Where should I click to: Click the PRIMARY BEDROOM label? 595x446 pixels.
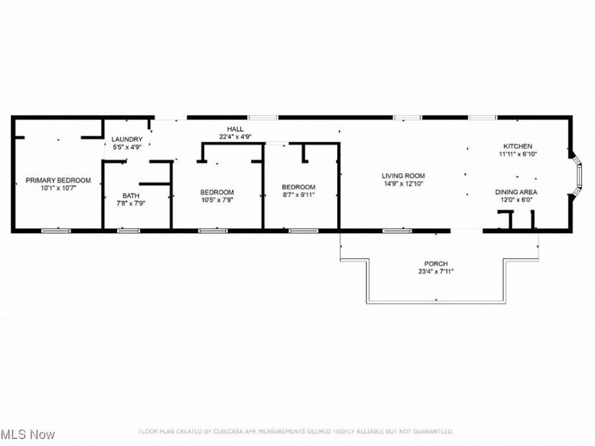(58, 180)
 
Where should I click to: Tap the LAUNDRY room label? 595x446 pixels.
(127, 139)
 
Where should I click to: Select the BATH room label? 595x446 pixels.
(130, 195)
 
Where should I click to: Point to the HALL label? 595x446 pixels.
(235, 129)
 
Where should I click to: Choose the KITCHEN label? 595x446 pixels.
(518, 146)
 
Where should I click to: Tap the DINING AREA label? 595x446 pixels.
(516, 192)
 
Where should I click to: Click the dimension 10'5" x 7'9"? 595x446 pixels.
(217, 200)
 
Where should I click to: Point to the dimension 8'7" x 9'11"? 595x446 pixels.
(298, 194)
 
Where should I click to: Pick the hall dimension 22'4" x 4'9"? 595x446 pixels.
(235, 137)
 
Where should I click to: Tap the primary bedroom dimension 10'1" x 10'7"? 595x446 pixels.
(58, 188)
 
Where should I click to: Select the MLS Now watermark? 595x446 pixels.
(28, 434)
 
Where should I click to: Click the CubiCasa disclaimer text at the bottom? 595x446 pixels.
(296, 431)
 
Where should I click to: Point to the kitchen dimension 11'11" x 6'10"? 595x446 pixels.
(518, 154)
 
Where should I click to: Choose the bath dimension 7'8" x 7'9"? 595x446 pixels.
(130, 203)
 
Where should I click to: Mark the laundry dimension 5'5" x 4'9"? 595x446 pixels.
(127, 147)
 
